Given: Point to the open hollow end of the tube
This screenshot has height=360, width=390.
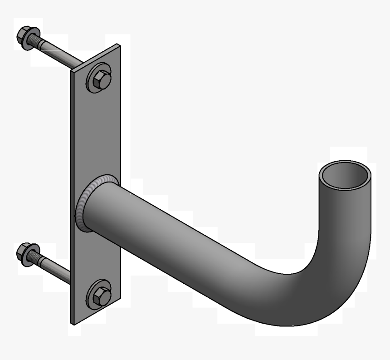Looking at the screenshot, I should (x=344, y=175).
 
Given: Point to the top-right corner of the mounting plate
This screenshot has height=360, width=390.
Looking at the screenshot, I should (x=119, y=45).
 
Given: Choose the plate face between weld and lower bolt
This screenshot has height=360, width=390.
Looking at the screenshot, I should (x=97, y=259).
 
